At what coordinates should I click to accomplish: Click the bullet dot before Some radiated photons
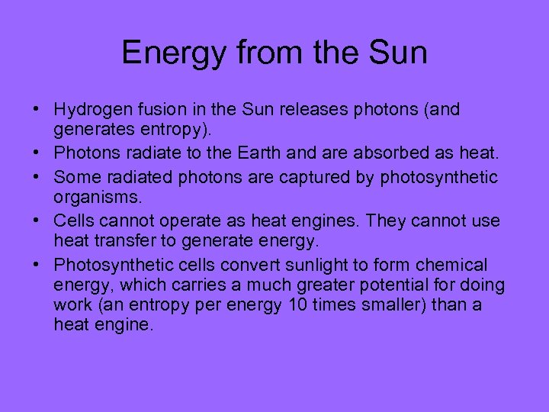pyautogui.click(x=38, y=178)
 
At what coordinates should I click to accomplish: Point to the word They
pyautogui.click(x=385, y=221)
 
